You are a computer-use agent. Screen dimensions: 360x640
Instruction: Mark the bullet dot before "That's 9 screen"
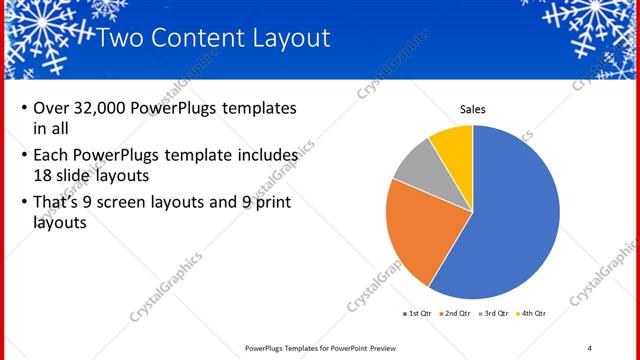point(22,203)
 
